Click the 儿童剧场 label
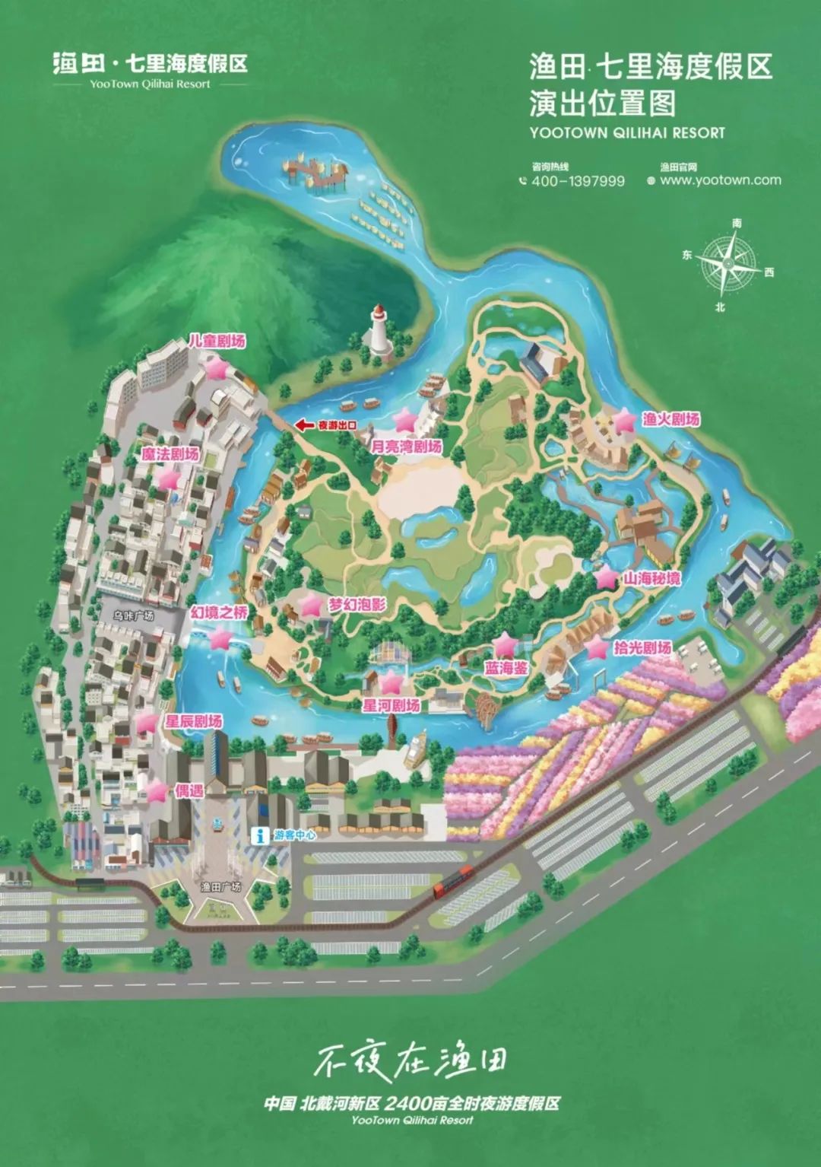(217, 341)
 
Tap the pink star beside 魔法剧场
(169, 479)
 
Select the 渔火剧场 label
(670, 419)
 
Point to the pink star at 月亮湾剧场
(405, 420)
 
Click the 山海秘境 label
(651, 578)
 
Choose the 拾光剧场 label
(642, 647)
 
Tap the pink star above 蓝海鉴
(506, 647)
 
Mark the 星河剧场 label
(391, 705)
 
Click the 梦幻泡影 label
(357, 606)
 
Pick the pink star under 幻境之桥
(220, 639)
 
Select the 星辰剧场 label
(194, 720)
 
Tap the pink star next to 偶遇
(157, 791)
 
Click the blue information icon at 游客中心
(260, 835)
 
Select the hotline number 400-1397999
(578, 181)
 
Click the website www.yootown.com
(720, 180)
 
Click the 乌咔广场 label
(134, 615)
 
